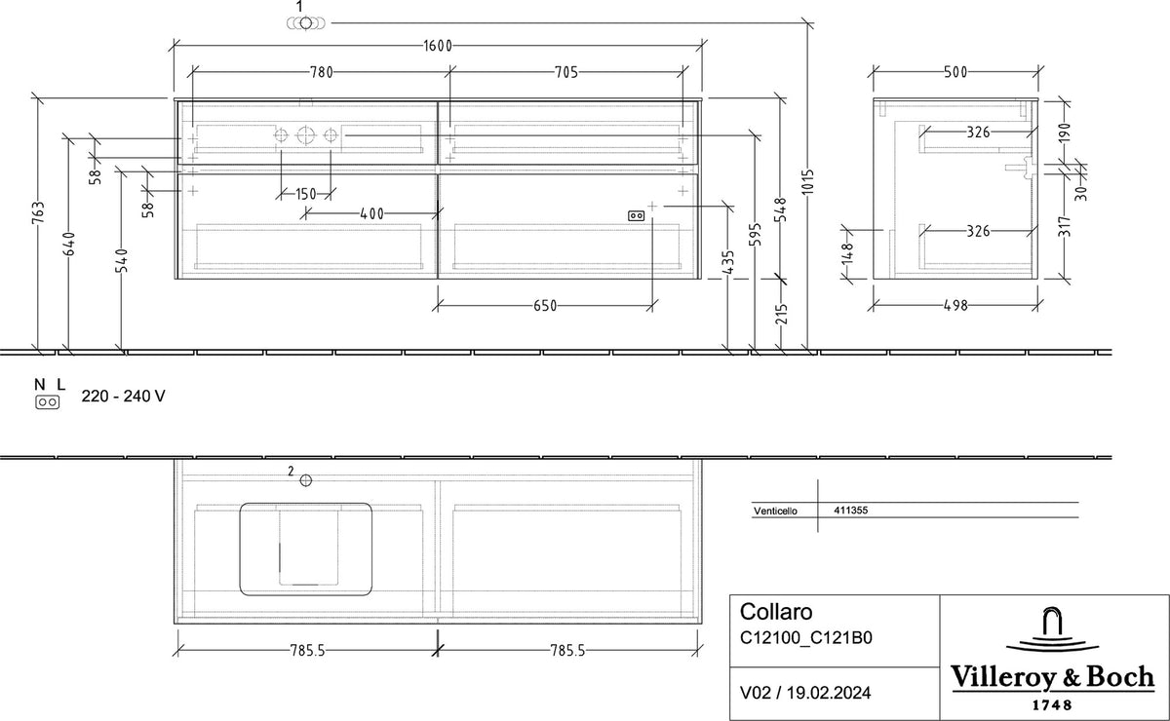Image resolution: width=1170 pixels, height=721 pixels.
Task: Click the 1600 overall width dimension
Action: tap(438, 46)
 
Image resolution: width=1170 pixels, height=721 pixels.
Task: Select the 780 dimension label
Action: tap(322, 72)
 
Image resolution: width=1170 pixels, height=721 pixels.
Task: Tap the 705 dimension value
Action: tap(566, 72)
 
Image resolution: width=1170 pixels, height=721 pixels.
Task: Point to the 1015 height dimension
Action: tap(807, 181)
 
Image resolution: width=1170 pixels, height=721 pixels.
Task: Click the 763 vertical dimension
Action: tap(38, 213)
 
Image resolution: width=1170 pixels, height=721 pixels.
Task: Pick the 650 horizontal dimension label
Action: tap(545, 306)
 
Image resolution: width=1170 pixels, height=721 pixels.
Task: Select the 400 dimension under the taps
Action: tap(371, 213)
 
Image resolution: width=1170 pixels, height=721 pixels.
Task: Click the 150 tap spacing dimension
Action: tap(306, 194)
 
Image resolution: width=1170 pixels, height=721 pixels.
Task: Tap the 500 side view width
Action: tap(955, 72)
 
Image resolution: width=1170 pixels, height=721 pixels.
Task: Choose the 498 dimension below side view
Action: tap(955, 305)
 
